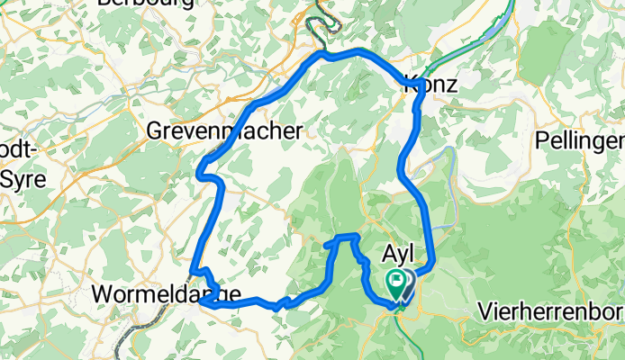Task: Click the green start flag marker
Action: [395, 283]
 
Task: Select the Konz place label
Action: [430, 85]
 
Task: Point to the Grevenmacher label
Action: [224, 131]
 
